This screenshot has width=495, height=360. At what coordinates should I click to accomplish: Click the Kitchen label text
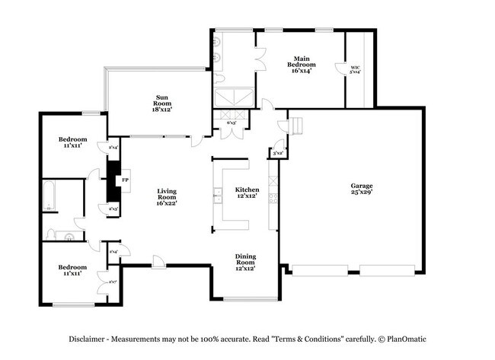pos(247,193)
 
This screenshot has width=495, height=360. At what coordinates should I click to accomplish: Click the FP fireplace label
pos(125,181)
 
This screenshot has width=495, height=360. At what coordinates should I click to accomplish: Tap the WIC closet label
pos(355,68)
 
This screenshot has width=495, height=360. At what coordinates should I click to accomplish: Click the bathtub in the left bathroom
pos(48,196)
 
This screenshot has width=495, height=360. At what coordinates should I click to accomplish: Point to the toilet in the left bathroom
pos(52,234)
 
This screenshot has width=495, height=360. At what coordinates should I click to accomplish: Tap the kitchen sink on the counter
pos(217,193)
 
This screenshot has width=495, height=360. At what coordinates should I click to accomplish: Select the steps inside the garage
pos(295,126)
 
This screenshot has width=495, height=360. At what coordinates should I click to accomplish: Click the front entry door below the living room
pos(158,263)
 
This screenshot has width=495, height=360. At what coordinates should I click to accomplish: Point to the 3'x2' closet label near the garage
pos(278,153)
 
